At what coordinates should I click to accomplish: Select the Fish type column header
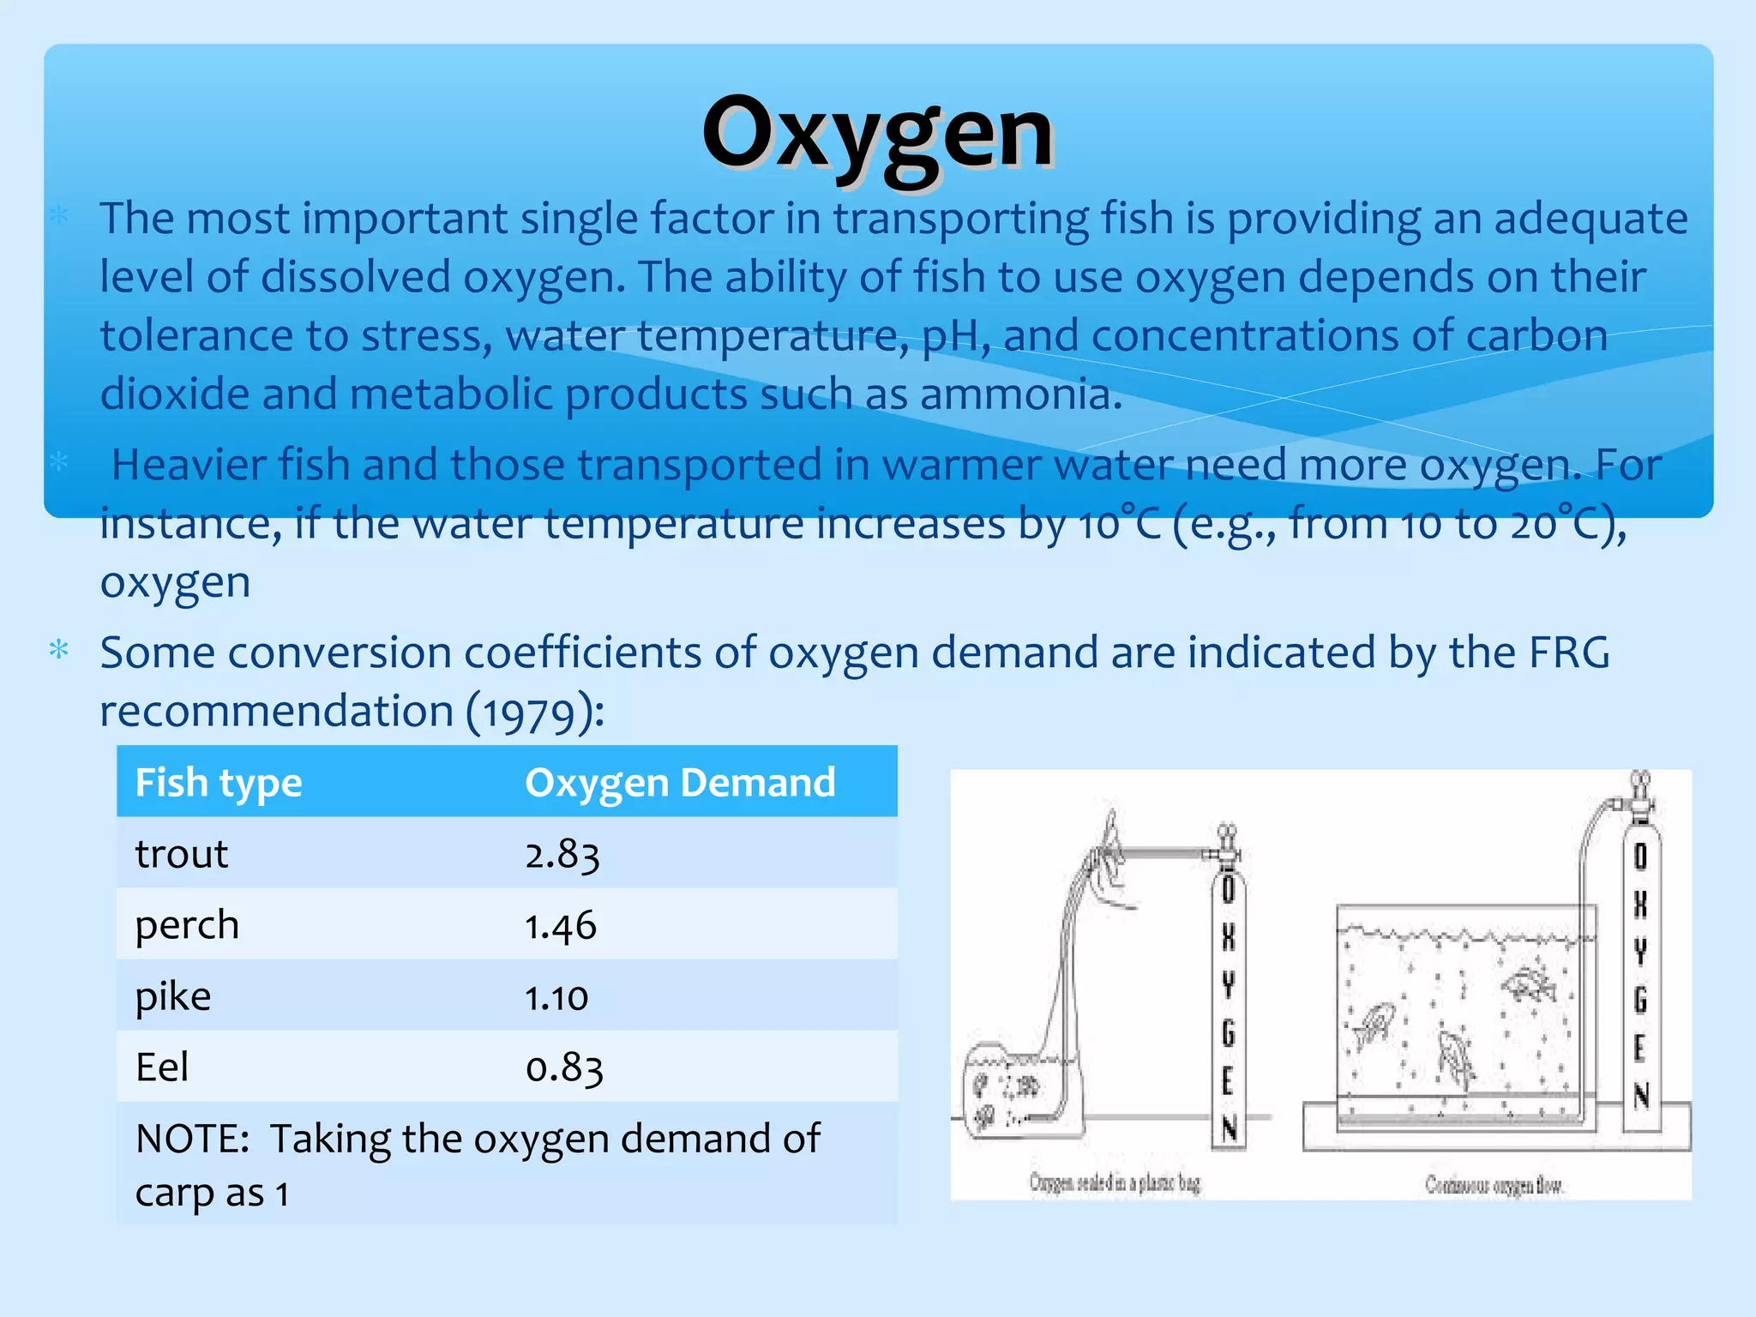(x=219, y=783)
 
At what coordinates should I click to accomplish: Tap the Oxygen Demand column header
(x=680, y=783)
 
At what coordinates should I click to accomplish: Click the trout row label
(x=182, y=854)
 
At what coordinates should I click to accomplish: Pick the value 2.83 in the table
(x=562, y=855)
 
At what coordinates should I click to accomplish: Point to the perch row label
(x=187, y=925)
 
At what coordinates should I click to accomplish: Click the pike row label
(x=173, y=996)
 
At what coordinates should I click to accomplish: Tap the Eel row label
(x=162, y=1067)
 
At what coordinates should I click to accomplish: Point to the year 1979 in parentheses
(x=534, y=713)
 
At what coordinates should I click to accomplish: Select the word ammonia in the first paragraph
(x=1020, y=395)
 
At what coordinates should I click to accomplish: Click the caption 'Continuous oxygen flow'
(x=1494, y=1185)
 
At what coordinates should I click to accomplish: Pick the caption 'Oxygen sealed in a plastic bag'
(x=1115, y=1183)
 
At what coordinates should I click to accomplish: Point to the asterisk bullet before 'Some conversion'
(x=59, y=649)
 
